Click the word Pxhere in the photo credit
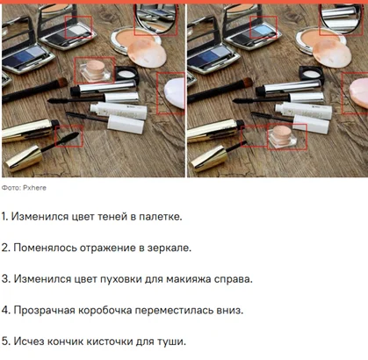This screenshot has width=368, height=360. [x=35, y=187]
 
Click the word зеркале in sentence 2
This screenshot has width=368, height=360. [x=182, y=247]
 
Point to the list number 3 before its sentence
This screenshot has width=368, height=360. [x=4, y=278]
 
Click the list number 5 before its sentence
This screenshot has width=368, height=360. [x=4, y=342]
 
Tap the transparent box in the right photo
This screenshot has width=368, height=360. [x=280, y=135]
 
